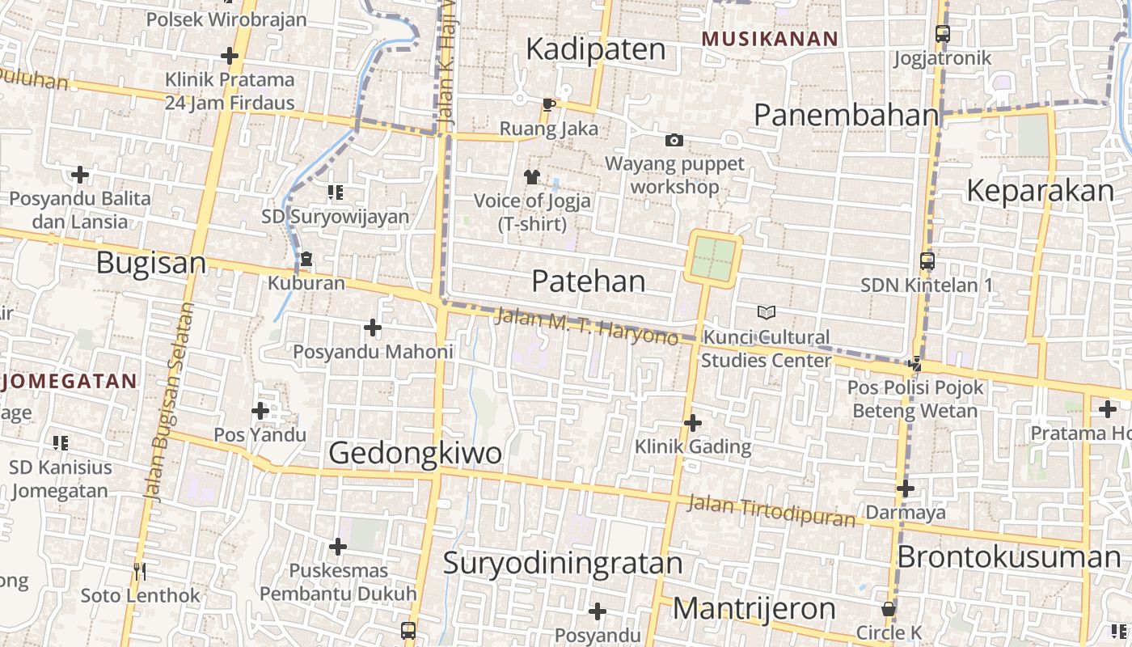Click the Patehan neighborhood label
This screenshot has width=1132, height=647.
pos(589,281)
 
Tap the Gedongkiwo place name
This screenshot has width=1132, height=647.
pos(415,453)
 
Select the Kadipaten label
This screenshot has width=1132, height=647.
pos(596,49)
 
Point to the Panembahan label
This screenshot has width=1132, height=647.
pos(846,115)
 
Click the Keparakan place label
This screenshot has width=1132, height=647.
pos(1040,191)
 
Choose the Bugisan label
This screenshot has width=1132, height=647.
pos(151,263)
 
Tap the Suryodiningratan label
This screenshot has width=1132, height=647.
pos(563,563)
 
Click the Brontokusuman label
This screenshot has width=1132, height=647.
pos(1009,557)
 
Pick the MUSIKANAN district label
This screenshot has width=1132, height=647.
pos(770,39)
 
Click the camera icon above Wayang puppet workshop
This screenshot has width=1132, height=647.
pos(674,141)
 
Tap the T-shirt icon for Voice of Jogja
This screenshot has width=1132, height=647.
pos(531,176)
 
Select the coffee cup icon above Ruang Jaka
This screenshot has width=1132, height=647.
pos(549,104)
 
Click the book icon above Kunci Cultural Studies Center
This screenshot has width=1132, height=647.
pos(766,312)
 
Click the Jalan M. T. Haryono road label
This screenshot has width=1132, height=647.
pos(586,327)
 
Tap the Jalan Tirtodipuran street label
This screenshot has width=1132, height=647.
pos(771,510)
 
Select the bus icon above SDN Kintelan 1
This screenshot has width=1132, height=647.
pos(927,261)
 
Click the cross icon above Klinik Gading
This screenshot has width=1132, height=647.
pos(693,422)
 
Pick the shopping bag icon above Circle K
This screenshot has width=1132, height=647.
pos(889,609)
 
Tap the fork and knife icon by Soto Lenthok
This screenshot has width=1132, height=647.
pos(140,572)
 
